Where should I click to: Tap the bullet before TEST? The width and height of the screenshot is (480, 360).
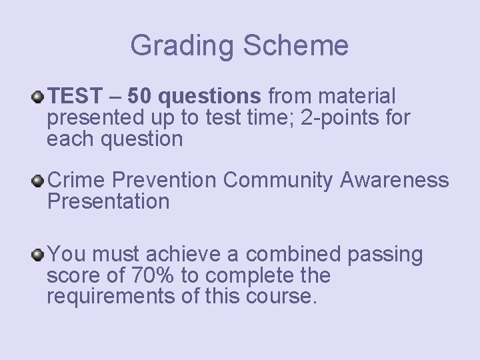[39, 98]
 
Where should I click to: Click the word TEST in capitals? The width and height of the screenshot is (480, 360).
[73, 97]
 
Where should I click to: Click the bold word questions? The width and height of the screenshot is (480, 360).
[212, 97]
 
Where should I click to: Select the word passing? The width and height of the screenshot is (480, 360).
[384, 254]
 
